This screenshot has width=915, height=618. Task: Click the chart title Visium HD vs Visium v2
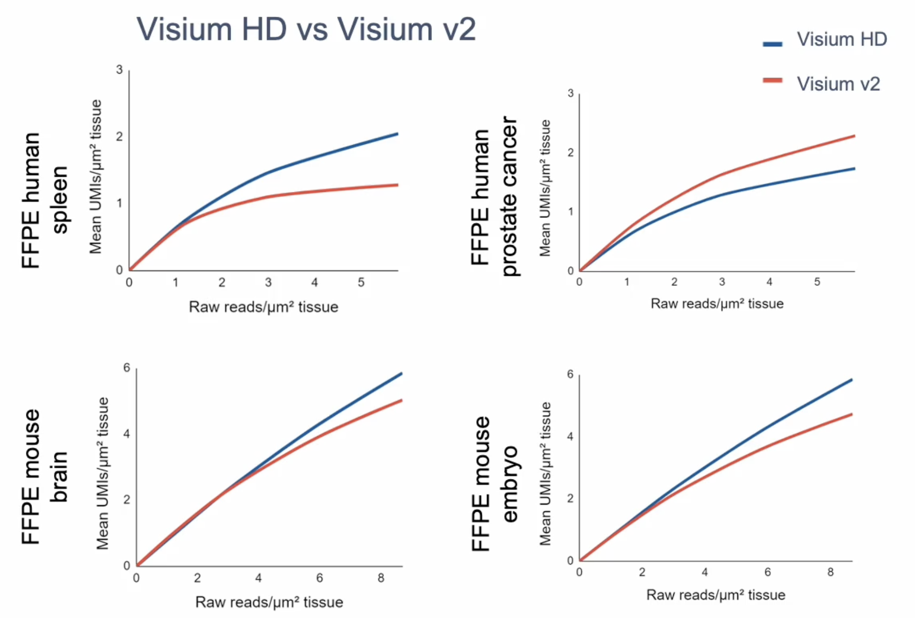point(306,29)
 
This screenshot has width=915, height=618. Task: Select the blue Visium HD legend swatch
point(772,44)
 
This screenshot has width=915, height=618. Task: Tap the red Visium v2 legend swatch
point(772,80)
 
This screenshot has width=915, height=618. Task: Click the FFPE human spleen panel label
point(45,200)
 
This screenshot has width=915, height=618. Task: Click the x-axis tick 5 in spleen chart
point(361,282)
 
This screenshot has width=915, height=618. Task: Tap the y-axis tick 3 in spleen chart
point(119,70)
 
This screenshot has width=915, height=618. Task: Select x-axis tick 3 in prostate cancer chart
point(722,282)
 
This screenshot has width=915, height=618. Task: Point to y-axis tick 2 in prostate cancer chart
point(571,152)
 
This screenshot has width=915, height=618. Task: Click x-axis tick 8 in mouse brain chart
point(381,578)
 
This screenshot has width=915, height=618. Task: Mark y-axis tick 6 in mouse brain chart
point(126,368)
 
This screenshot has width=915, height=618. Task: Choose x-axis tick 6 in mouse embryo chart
point(767,572)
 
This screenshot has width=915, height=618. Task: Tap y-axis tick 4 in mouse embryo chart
point(570,437)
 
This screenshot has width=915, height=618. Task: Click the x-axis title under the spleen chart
point(263,307)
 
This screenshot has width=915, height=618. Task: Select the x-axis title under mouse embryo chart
point(715,595)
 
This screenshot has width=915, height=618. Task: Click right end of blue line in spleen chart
point(397,134)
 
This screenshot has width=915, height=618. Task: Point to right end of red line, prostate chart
point(854,136)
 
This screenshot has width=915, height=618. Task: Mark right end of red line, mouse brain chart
point(401,401)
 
